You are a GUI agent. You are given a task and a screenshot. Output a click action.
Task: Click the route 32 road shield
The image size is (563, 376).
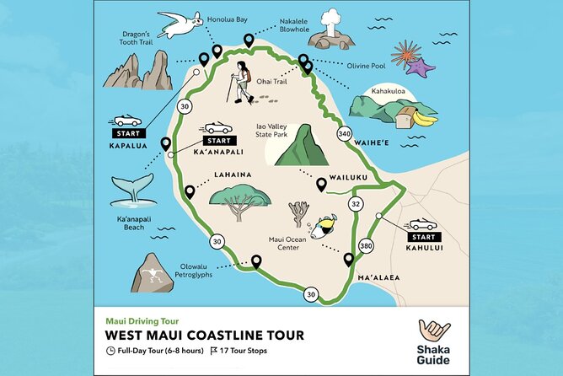(x=356, y=203)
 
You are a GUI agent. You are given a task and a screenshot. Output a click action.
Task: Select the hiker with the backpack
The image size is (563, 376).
(x=243, y=82)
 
